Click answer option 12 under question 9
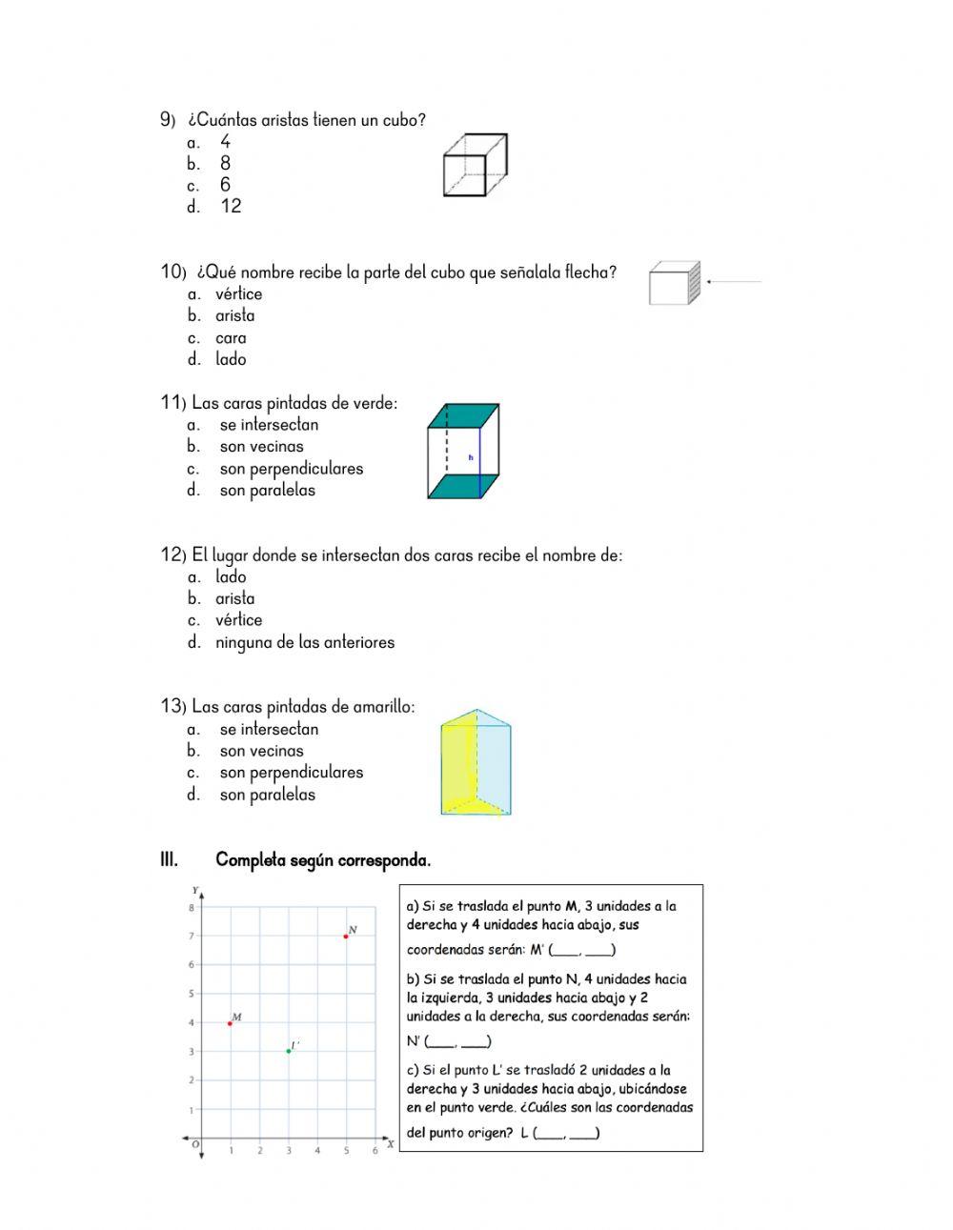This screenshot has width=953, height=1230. click(231, 207)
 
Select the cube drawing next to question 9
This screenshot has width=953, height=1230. click(475, 166)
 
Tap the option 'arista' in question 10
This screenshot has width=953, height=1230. click(234, 316)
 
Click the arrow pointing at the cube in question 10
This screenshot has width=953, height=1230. click(734, 282)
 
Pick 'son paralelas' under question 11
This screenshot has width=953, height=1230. click(267, 491)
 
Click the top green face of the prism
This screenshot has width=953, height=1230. click(464, 415)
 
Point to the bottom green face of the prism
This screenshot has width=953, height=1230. click(464, 486)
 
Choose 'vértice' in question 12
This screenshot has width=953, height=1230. click(238, 620)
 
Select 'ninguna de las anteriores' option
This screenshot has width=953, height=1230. click(304, 643)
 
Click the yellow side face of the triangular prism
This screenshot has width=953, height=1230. click(458, 762)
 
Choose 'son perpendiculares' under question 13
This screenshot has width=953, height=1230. click(291, 773)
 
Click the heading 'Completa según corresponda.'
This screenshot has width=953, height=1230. click(323, 860)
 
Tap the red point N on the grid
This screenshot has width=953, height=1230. click(346, 937)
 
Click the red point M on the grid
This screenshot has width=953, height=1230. click(231, 1023)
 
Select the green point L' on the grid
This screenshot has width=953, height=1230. click(289, 1051)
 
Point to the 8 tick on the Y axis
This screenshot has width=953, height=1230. click(192, 908)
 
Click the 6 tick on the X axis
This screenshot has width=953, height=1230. click(375, 1151)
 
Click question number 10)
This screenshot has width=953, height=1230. click(172, 272)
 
